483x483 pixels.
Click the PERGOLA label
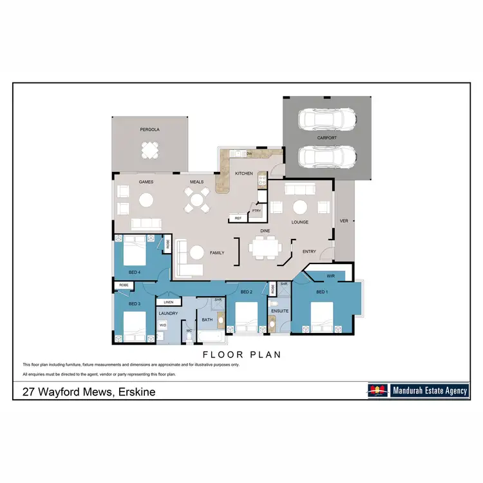pos(149,129)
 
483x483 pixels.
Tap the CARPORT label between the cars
pos(327,138)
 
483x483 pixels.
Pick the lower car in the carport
pos(327,156)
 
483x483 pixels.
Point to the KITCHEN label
pos(243,174)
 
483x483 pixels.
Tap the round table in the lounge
pos(300,207)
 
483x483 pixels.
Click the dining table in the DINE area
pos(265,247)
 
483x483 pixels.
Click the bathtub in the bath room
pos(208,336)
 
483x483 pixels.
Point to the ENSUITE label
pos(280,312)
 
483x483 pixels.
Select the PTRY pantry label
pos(256,211)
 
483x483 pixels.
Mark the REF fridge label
pos(238,219)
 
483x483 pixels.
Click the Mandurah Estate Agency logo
pos(418,390)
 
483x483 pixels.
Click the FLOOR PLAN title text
pos(241,354)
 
